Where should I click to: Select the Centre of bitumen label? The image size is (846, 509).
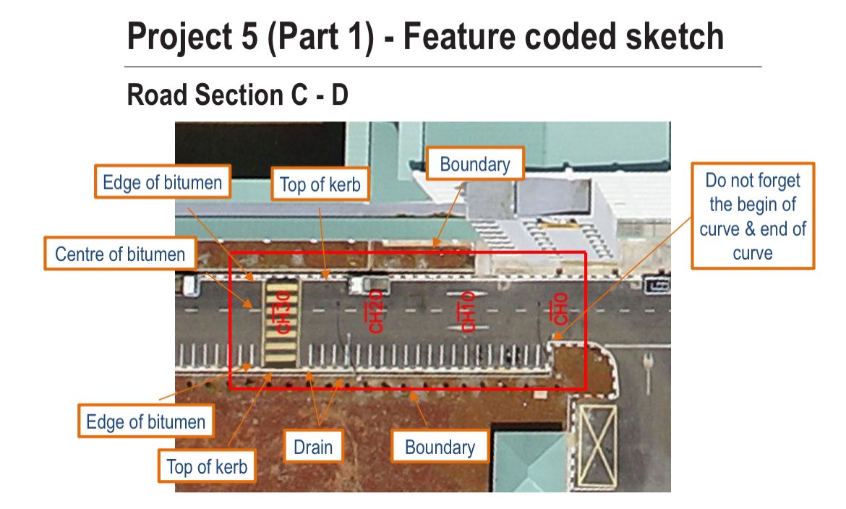pos(120,254)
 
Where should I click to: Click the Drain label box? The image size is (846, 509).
pos(313,447)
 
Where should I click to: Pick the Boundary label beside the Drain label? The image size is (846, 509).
pos(440,447)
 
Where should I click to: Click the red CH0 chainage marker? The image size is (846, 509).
pos(557,309)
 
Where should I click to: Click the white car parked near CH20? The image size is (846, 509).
pos(369,284)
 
